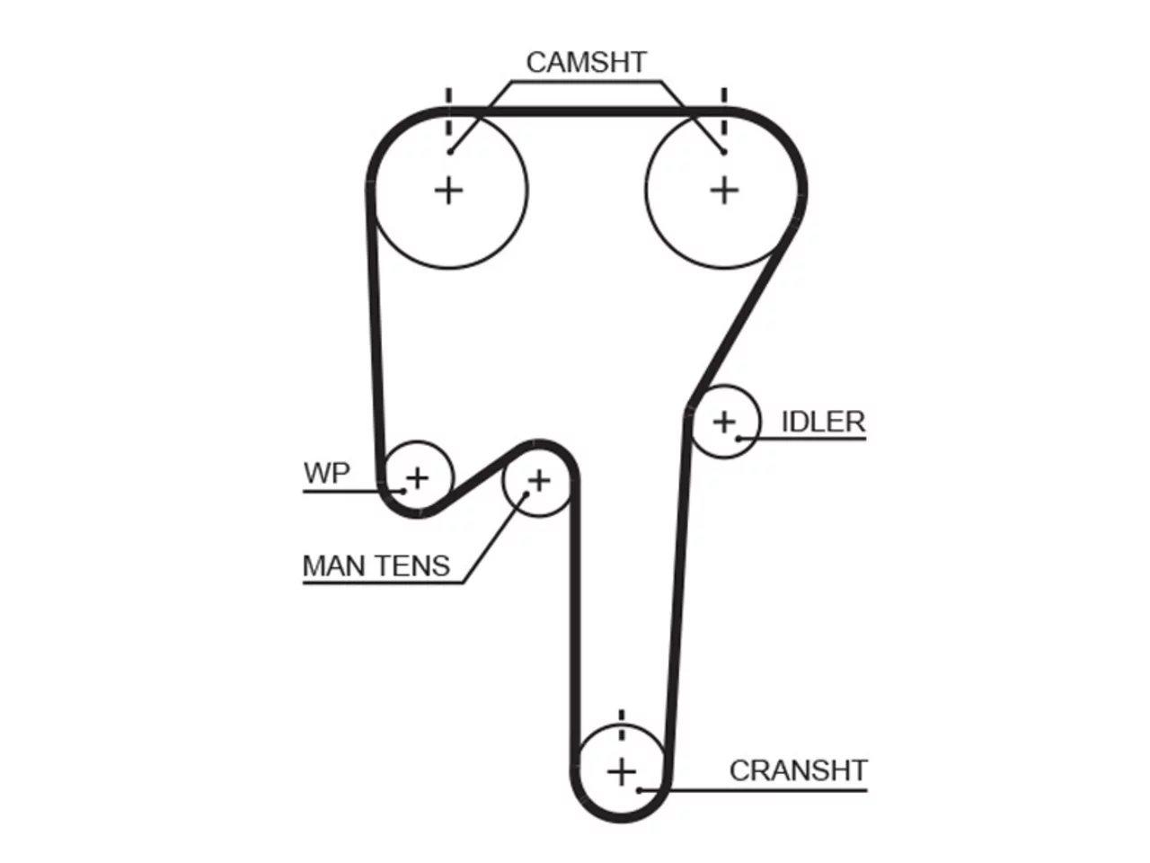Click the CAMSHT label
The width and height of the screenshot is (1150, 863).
coord(586,62)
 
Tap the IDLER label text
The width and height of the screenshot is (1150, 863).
coord(823,422)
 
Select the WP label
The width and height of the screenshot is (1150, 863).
coord(326,473)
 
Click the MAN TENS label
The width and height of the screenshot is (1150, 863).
coord(376,566)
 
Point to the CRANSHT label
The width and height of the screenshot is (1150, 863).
coord(798,770)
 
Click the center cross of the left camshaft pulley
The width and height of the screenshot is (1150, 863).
coord(448,191)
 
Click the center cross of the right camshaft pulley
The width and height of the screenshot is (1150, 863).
coord(724,191)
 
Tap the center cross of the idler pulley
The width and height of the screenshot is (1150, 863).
coord(724,422)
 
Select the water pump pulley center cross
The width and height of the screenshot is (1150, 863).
coord(418,478)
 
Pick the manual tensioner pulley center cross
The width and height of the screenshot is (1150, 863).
coord(538,480)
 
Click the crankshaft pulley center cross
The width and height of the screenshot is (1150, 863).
coord(622,771)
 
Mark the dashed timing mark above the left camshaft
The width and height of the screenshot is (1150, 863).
coord(448,111)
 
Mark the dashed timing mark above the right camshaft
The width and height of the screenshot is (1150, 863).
coord(724,111)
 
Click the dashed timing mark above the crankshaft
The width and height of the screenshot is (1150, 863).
coord(622,725)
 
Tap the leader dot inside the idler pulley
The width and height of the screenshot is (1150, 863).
coord(739,439)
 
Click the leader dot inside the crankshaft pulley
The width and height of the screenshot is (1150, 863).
coord(639,790)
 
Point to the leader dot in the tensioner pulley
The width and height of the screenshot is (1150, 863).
coord(526,494)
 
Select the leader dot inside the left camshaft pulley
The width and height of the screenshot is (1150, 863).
coord(450,152)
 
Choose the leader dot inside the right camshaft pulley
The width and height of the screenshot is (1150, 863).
coord(723,152)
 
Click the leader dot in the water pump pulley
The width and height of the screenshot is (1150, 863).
coord(402,491)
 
